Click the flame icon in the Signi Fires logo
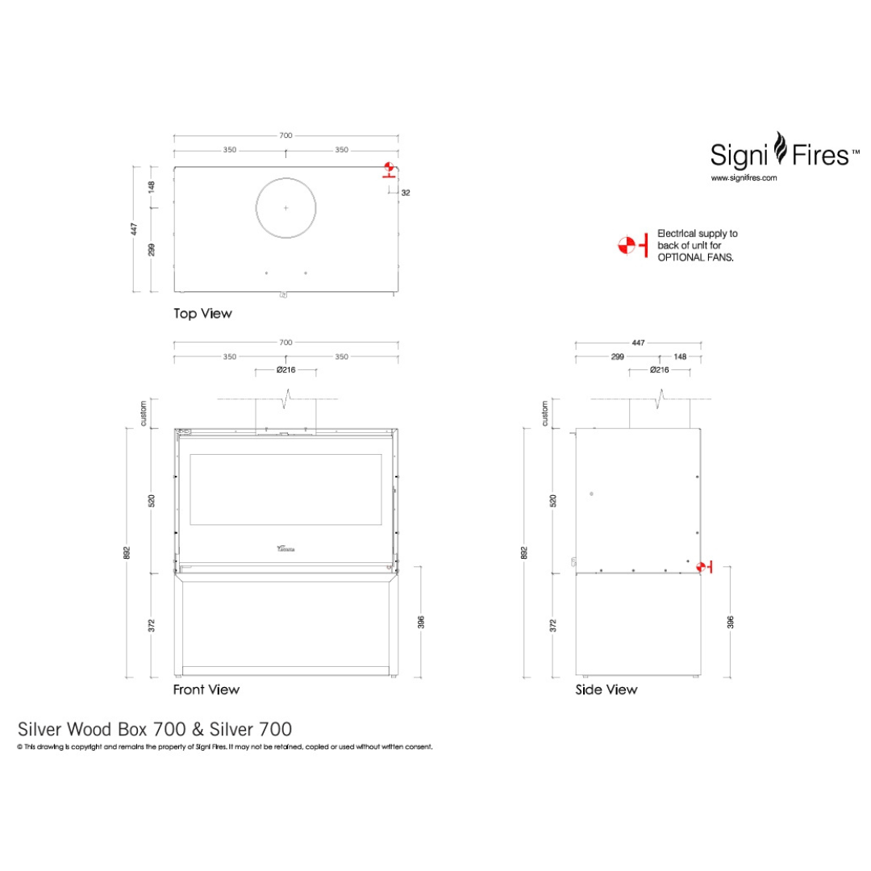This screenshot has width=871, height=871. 780,149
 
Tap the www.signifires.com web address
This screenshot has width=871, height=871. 743,178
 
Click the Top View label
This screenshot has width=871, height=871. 202,314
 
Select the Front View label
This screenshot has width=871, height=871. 206,690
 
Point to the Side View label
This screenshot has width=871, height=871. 606,690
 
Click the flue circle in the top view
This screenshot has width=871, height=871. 285,208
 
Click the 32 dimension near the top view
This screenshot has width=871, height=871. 405,193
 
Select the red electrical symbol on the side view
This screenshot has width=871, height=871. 704,567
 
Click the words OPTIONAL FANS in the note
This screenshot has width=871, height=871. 695,256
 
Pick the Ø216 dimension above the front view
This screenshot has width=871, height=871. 285,370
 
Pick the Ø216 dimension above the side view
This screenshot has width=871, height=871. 659,370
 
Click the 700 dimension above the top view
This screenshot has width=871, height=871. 285,135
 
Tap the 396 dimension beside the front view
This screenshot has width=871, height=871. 421,622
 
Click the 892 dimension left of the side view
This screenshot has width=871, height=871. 525,552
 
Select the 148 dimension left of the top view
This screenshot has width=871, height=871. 152,187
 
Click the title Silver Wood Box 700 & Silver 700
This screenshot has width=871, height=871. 155,729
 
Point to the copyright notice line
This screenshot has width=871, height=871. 225,748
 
